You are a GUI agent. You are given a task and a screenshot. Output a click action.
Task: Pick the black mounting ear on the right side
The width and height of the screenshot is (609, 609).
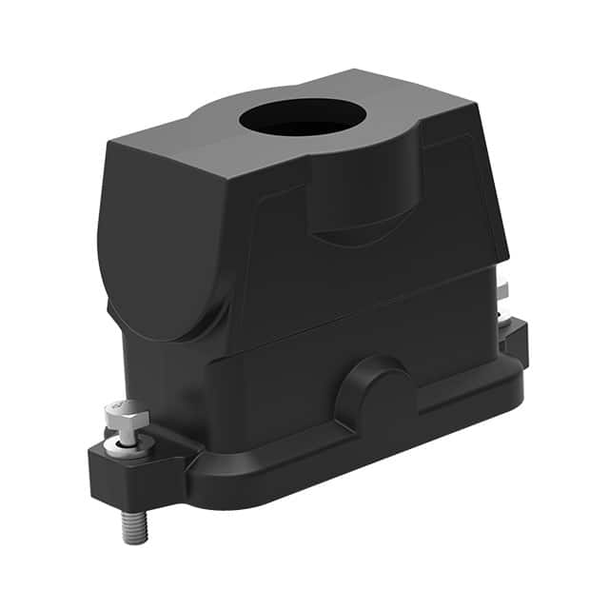[x=515, y=338]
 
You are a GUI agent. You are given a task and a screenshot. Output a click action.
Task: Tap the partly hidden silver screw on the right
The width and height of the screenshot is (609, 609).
[x=502, y=293]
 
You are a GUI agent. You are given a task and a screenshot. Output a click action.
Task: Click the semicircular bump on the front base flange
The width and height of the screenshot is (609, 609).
[x=379, y=392]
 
